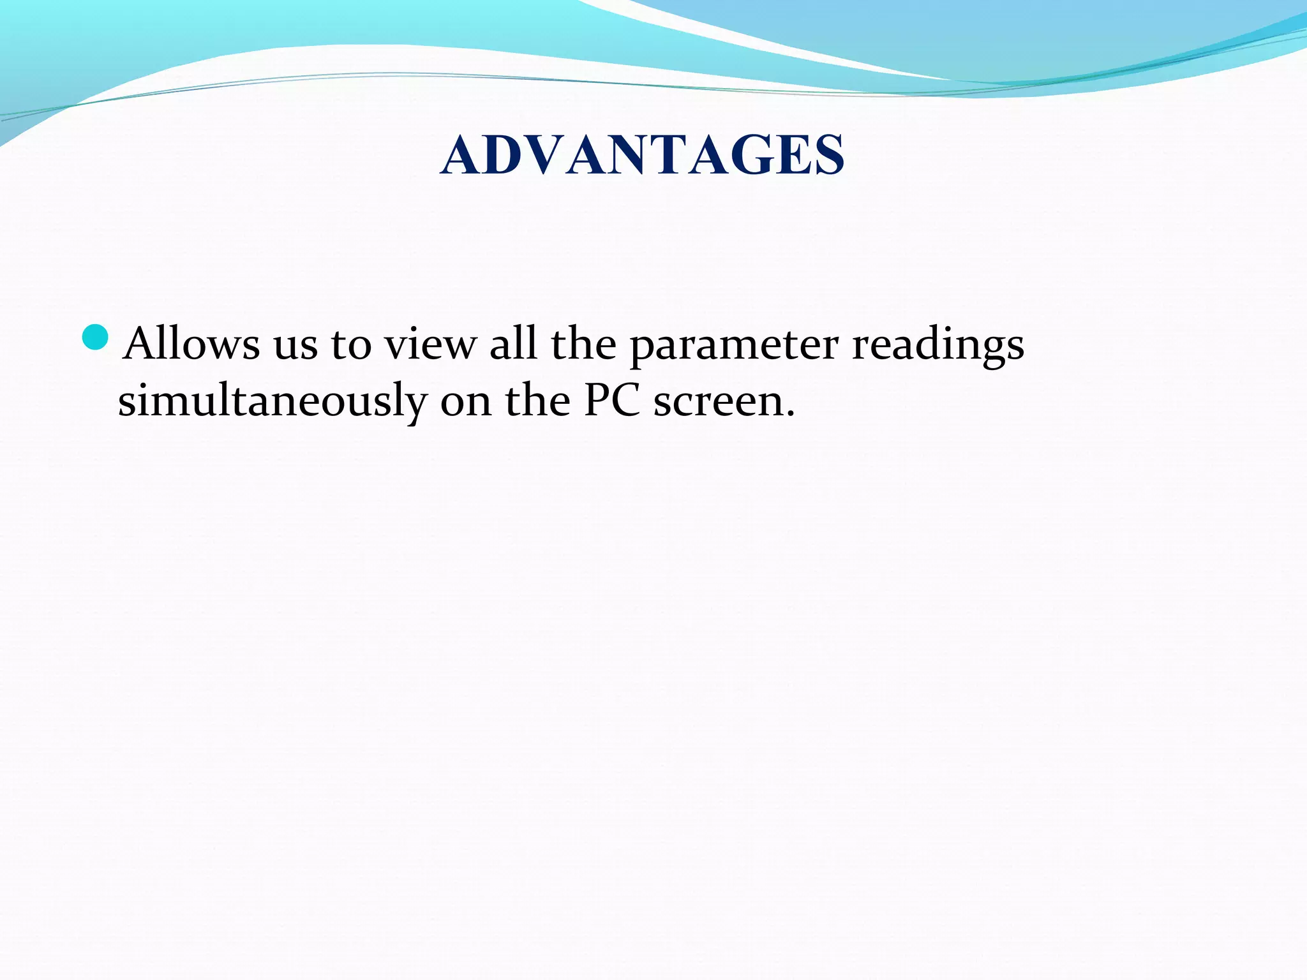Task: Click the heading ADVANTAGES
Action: point(643,155)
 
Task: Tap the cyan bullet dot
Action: point(96,338)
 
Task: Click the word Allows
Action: point(191,345)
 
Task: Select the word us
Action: point(295,346)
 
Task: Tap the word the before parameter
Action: point(583,345)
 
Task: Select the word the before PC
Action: point(537,401)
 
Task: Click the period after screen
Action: point(791,415)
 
